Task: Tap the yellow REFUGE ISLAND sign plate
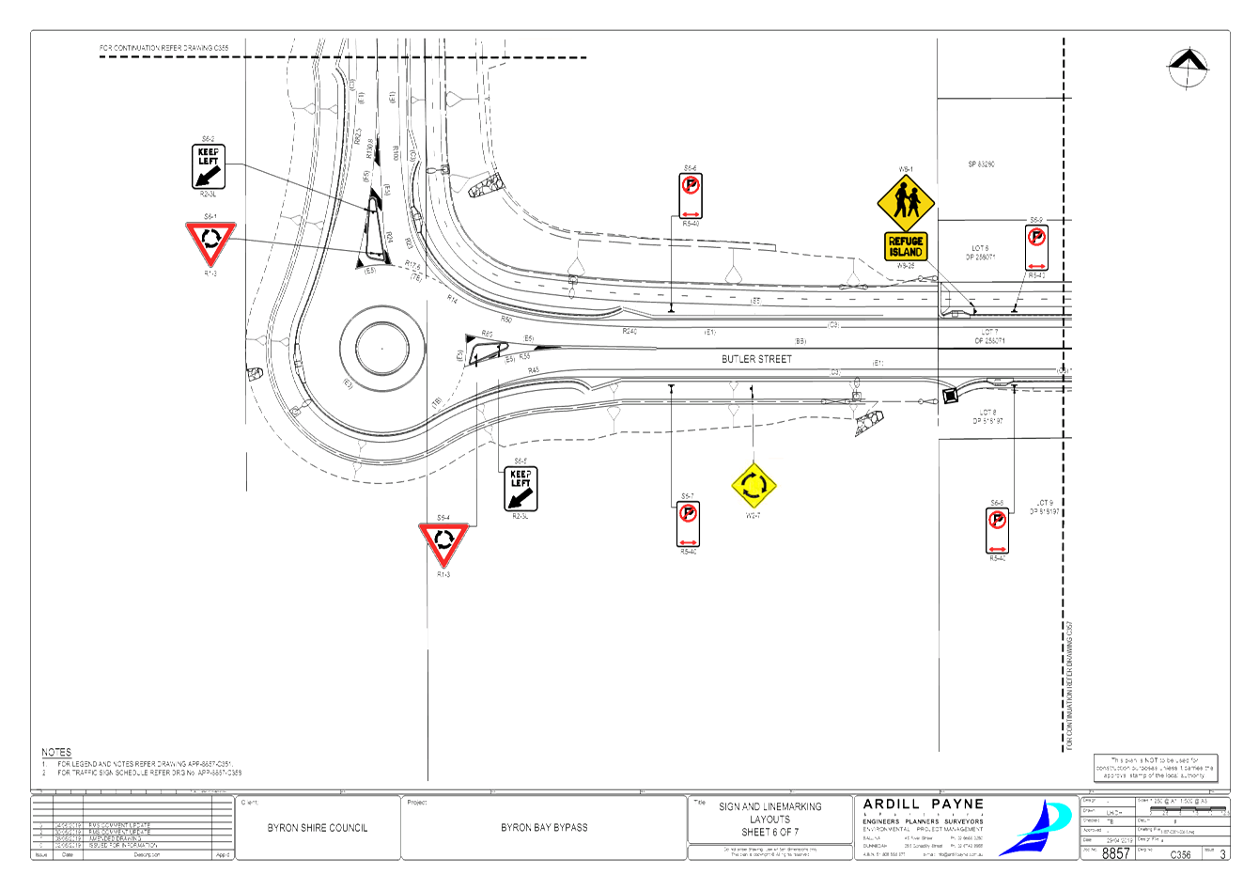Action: coord(906,247)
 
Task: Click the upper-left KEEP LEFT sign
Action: coord(208,167)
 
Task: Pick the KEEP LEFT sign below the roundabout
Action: coord(521,489)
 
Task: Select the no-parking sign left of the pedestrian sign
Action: coord(691,195)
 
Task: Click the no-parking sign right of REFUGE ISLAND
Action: coord(1036,247)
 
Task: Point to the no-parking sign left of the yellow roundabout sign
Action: coord(689,523)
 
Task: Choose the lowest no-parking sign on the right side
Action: coord(997,530)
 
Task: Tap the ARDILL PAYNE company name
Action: coord(923,804)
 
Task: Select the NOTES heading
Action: coord(56,752)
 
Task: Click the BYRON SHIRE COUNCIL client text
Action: coord(317,828)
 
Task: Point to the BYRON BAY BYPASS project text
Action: coord(544,828)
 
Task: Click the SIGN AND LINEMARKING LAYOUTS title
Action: coord(770,813)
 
